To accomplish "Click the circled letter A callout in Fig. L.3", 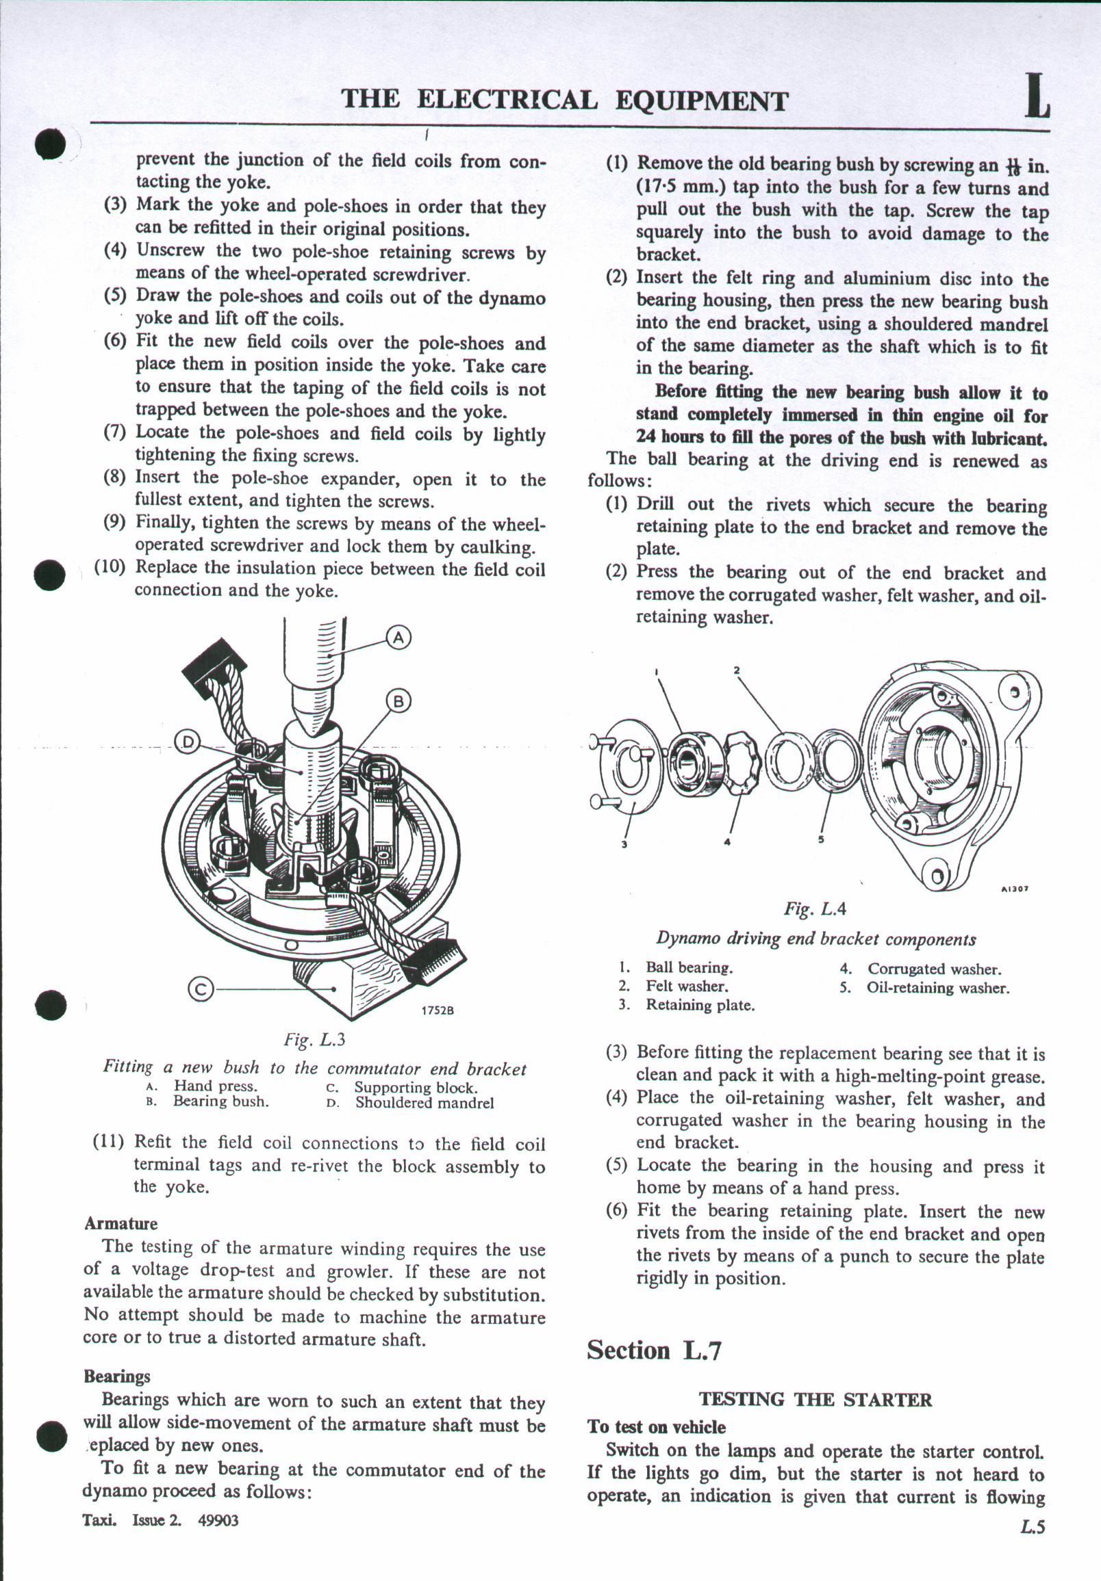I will pyautogui.click(x=398, y=638).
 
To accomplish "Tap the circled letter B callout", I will pyautogui.click(x=398, y=702).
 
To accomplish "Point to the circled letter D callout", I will pyautogui.click(x=187, y=742).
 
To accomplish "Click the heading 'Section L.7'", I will pyautogui.click(x=653, y=1350).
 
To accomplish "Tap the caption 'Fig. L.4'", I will pyautogui.click(x=814, y=909).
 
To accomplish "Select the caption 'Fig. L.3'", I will pyautogui.click(x=314, y=1039).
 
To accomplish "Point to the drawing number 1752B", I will pyautogui.click(x=438, y=1011).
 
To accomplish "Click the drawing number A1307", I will pyautogui.click(x=1014, y=889).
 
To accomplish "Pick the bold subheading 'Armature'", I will pyautogui.click(x=121, y=1224).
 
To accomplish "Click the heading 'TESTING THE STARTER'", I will pyautogui.click(x=815, y=1399).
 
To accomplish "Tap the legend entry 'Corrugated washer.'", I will pyautogui.click(x=933, y=969).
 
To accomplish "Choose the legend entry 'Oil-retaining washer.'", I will pyautogui.click(x=938, y=988).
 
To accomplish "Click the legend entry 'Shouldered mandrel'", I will pyautogui.click(x=425, y=1102).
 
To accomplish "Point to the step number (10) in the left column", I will pyautogui.click(x=110, y=567).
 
